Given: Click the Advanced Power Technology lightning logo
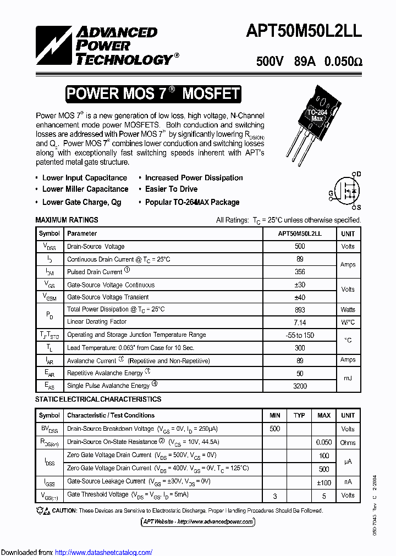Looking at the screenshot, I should tap(53, 46).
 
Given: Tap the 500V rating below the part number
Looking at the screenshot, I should tap(269, 62).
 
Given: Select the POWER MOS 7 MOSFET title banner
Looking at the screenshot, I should tap(153, 94).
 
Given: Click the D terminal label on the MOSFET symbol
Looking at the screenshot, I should tap(358, 174).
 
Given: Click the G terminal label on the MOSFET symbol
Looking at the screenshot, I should tap(331, 193).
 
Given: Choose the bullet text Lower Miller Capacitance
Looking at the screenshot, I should tap(85, 189).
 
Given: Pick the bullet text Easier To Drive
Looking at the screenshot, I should tap(171, 189).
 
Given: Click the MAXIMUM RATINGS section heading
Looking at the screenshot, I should tap(67, 220).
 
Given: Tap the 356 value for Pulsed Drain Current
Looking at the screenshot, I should tap(300, 272).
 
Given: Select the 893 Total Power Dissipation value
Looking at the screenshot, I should tap(300, 309).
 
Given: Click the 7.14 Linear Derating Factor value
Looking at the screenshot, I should tap(300, 322).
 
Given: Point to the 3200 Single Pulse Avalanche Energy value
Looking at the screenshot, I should tap(300, 386).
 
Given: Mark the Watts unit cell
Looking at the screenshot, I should tap(348, 309).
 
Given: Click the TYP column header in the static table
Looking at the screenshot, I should tap(299, 415).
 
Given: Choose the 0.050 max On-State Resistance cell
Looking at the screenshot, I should tap(324, 442).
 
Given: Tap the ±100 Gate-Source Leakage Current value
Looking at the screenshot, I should tap(324, 482).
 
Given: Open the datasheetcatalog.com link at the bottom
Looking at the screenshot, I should tap(104, 552).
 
